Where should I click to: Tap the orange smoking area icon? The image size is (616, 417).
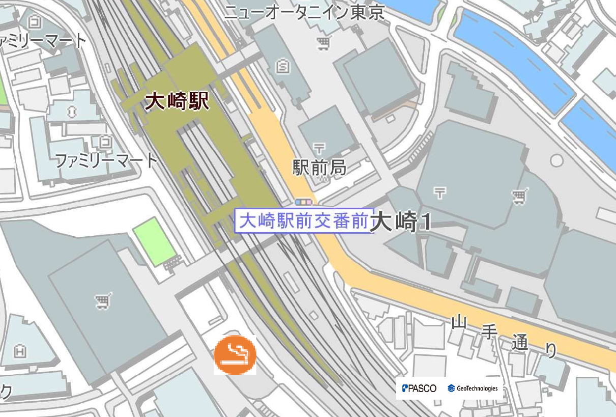click(x=235, y=355)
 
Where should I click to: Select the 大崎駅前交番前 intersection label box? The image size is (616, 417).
click(x=304, y=221)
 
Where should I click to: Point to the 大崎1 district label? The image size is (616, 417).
click(x=402, y=223)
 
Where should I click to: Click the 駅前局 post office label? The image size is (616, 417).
click(x=319, y=167)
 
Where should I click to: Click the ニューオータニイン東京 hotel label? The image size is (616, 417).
click(x=304, y=12)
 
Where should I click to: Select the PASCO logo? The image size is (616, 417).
click(x=419, y=388)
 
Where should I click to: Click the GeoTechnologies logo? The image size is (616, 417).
click(x=473, y=388)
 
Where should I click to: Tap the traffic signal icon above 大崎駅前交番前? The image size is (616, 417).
click(x=304, y=202)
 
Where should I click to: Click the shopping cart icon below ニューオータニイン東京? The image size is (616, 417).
click(x=322, y=44)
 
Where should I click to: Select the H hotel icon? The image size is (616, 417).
click(x=21, y=351)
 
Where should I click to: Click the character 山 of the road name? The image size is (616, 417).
click(x=459, y=322)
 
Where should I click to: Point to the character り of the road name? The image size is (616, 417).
click(x=550, y=350)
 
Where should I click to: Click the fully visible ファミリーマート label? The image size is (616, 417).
click(x=106, y=161)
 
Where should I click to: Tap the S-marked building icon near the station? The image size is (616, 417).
click(x=281, y=66)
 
